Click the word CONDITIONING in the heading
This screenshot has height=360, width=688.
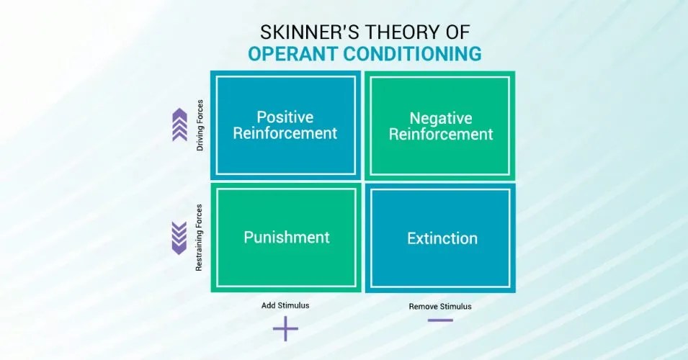(420, 55)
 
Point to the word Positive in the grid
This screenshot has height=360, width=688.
(285, 117)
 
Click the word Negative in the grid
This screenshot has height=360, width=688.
(441, 118)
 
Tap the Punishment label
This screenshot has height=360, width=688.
(286, 238)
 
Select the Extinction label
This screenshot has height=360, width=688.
(442, 238)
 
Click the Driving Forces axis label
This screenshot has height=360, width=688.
(200, 125)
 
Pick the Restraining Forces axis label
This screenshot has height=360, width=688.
(200, 238)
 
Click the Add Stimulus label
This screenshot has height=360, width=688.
(285, 305)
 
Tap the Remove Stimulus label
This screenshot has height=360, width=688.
(440, 306)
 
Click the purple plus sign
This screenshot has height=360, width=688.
(285, 329)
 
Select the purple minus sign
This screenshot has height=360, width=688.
(440, 320)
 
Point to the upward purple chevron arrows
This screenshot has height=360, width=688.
(179, 125)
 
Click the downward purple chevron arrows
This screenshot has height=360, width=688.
(179, 238)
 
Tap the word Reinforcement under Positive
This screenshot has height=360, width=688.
(286, 133)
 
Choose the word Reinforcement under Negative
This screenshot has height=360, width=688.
(441, 135)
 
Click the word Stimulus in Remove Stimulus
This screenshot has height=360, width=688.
(456, 306)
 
